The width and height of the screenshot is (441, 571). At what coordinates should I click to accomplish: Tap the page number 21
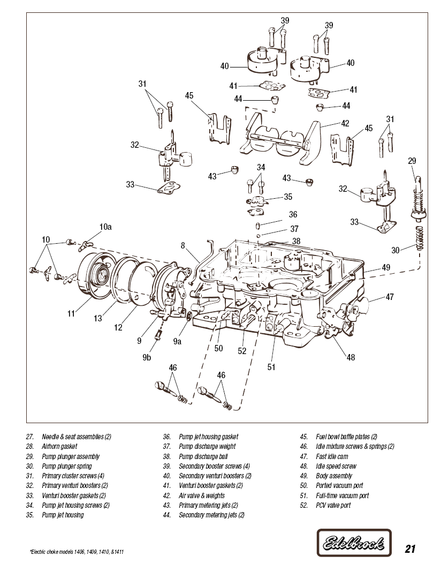[410, 549]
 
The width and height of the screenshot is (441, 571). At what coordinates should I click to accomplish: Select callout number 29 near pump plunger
[412, 161]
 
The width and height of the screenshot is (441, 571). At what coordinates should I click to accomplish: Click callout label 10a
[105, 227]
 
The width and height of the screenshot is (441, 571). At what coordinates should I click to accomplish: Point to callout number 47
[390, 297]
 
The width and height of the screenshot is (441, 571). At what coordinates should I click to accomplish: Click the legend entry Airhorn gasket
[59, 446]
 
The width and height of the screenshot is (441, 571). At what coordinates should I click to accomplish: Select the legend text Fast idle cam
[332, 456]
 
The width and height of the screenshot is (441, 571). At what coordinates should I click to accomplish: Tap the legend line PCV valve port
[333, 505]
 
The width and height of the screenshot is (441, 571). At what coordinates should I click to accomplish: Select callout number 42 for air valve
[345, 124]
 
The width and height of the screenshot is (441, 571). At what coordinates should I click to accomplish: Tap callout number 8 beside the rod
[183, 246]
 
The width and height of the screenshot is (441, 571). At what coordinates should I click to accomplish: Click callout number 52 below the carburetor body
[242, 351]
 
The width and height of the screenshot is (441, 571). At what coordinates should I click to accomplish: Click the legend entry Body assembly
[334, 476]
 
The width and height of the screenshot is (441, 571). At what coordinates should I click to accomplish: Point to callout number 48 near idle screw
[351, 357]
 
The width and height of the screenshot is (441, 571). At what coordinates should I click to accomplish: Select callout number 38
[296, 241]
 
